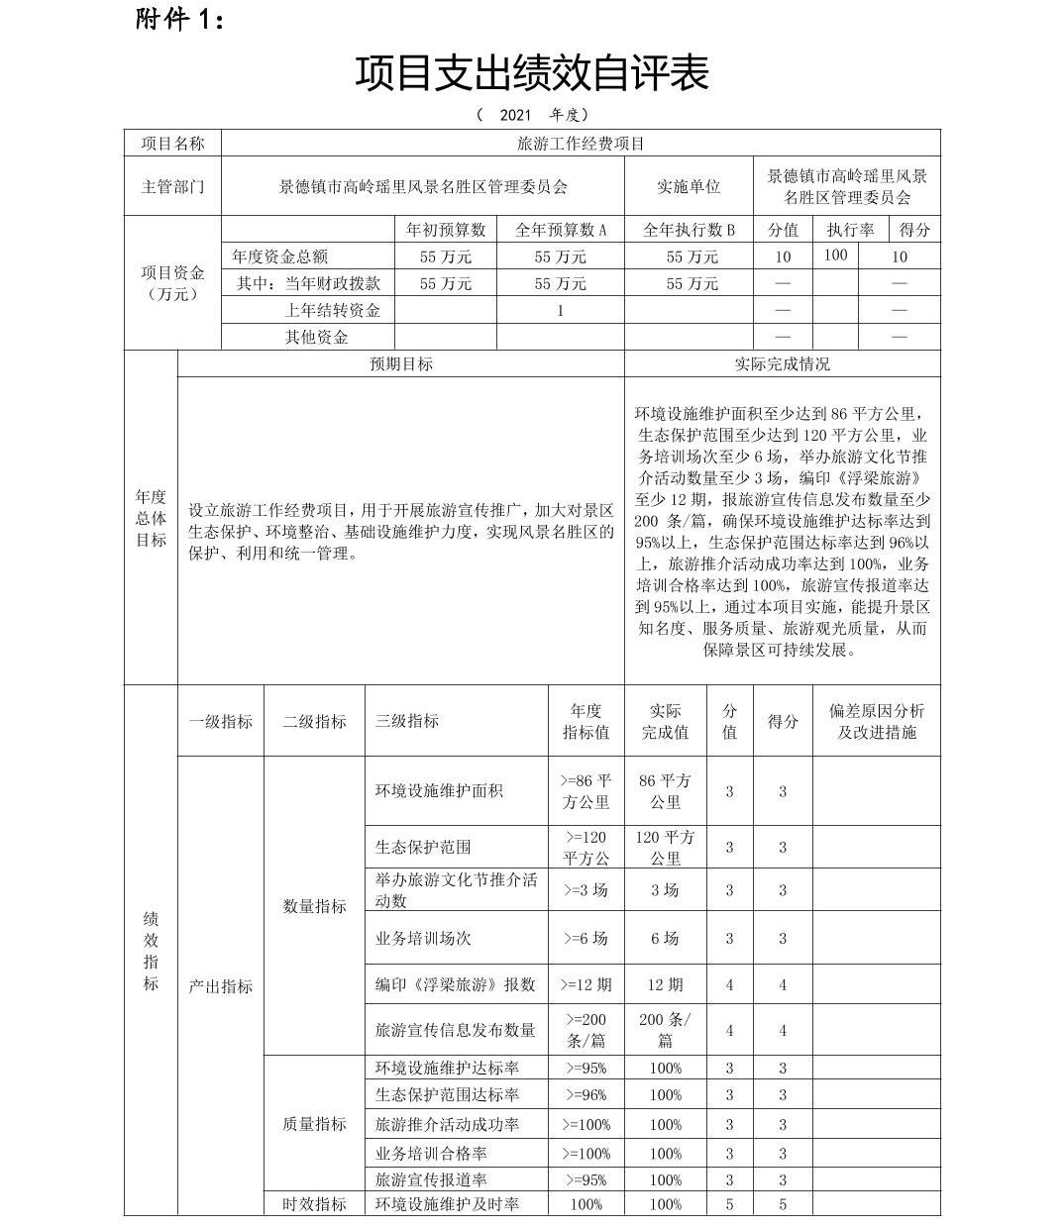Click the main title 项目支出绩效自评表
click(x=531, y=72)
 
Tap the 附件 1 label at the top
click(x=179, y=20)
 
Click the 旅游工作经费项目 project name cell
click(x=581, y=144)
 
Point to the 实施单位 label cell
click(x=689, y=186)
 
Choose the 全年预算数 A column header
click(x=560, y=230)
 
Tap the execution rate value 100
click(x=835, y=255)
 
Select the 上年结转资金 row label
click(x=332, y=310)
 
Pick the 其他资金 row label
click(x=317, y=337)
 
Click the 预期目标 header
click(x=401, y=363)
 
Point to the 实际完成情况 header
click(x=782, y=363)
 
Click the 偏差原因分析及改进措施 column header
click(x=876, y=721)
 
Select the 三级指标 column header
click(x=406, y=721)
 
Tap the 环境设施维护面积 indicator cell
click(x=439, y=790)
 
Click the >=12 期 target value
click(x=585, y=984)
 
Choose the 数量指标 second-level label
click(x=314, y=906)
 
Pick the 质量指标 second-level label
click(x=314, y=1124)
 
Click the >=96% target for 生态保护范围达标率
click(x=585, y=1094)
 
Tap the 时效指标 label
click(x=314, y=1204)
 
